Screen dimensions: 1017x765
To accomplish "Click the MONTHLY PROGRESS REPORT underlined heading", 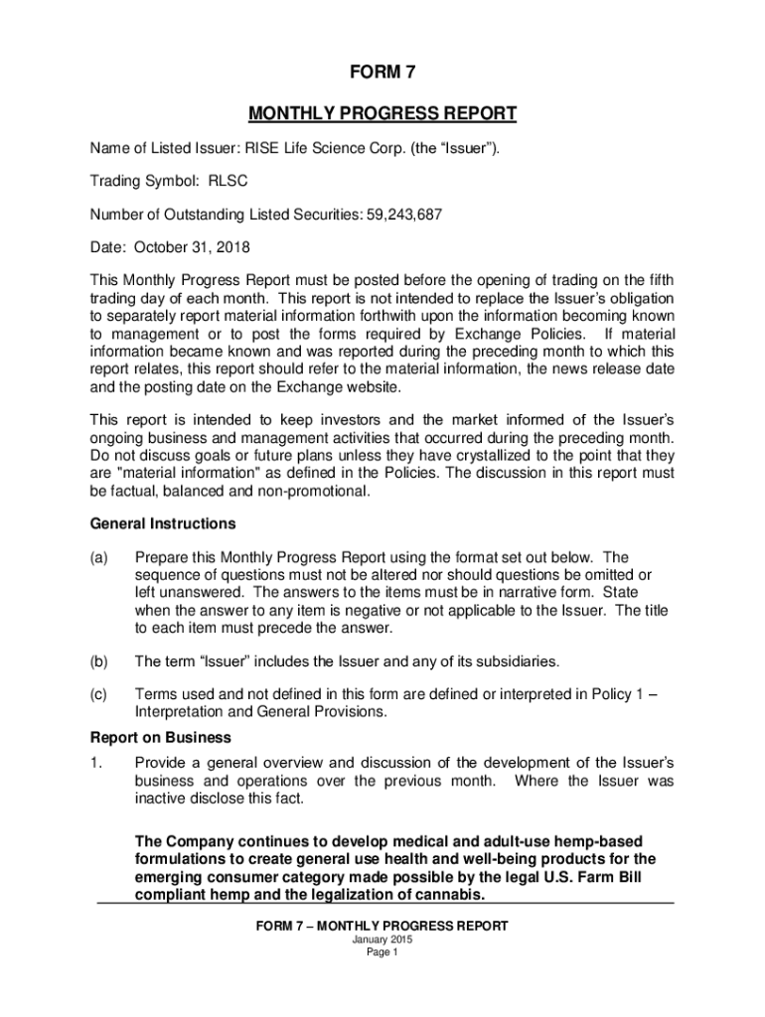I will click(x=382, y=113).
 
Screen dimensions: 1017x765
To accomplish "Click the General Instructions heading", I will click(x=163, y=523).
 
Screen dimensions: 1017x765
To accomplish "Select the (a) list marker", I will click(x=99, y=558).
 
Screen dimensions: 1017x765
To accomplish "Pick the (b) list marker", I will click(x=99, y=660).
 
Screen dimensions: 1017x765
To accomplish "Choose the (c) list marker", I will click(x=99, y=695).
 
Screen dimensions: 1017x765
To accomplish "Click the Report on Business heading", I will click(x=161, y=737).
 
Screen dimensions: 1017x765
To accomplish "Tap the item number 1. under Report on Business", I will click(x=95, y=762).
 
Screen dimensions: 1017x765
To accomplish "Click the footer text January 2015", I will click(x=382, y=940).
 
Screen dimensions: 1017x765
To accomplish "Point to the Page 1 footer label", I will click(x=382, y=952).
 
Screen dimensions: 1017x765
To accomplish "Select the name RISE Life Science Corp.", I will click(x=325, y=148).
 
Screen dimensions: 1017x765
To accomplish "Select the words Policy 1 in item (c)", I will click(x=592, y=695).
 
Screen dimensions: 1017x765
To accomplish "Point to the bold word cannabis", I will click(x=444, y=894).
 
